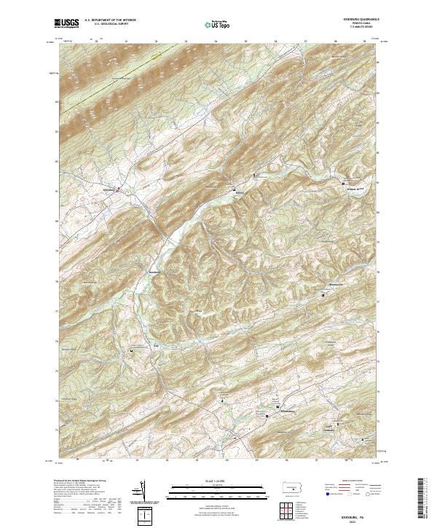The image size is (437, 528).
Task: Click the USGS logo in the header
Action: [67, 23]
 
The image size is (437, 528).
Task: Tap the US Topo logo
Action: [210, 24]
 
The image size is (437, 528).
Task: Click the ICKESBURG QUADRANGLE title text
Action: [354, 17]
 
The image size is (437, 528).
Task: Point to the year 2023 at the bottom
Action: [353, 517]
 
